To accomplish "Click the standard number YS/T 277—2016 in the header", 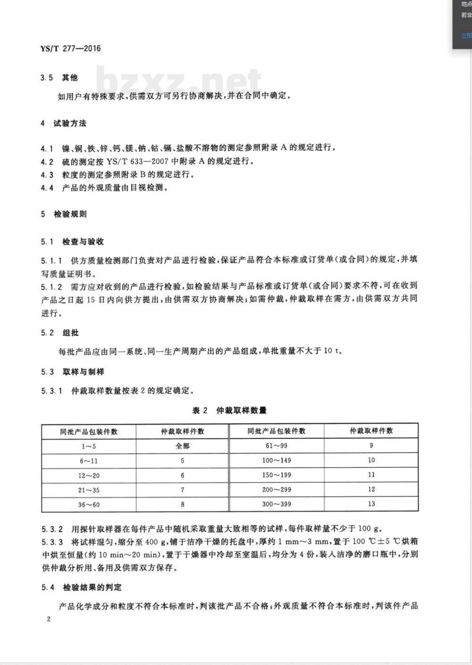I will [71, 48].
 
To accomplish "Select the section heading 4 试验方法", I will [64, 123].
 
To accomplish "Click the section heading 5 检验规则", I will [64, 214].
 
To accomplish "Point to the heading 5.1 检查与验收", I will [72, 242].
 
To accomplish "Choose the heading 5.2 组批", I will [60, 333].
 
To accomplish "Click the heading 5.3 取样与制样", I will [72, 372].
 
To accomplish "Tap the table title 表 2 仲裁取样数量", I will [229, 410].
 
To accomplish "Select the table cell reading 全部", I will [183, 446].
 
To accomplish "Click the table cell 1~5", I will [89, 446].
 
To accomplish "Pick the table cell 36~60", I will [89, 505].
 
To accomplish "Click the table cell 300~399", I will [277, 504].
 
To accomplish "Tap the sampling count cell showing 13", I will [371, 504].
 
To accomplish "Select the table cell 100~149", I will [277, 460].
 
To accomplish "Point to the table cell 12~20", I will [89, 475].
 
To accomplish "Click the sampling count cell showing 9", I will [371, 446].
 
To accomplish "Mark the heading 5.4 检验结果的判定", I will [81, 587].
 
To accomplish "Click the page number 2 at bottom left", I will [49, 619].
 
